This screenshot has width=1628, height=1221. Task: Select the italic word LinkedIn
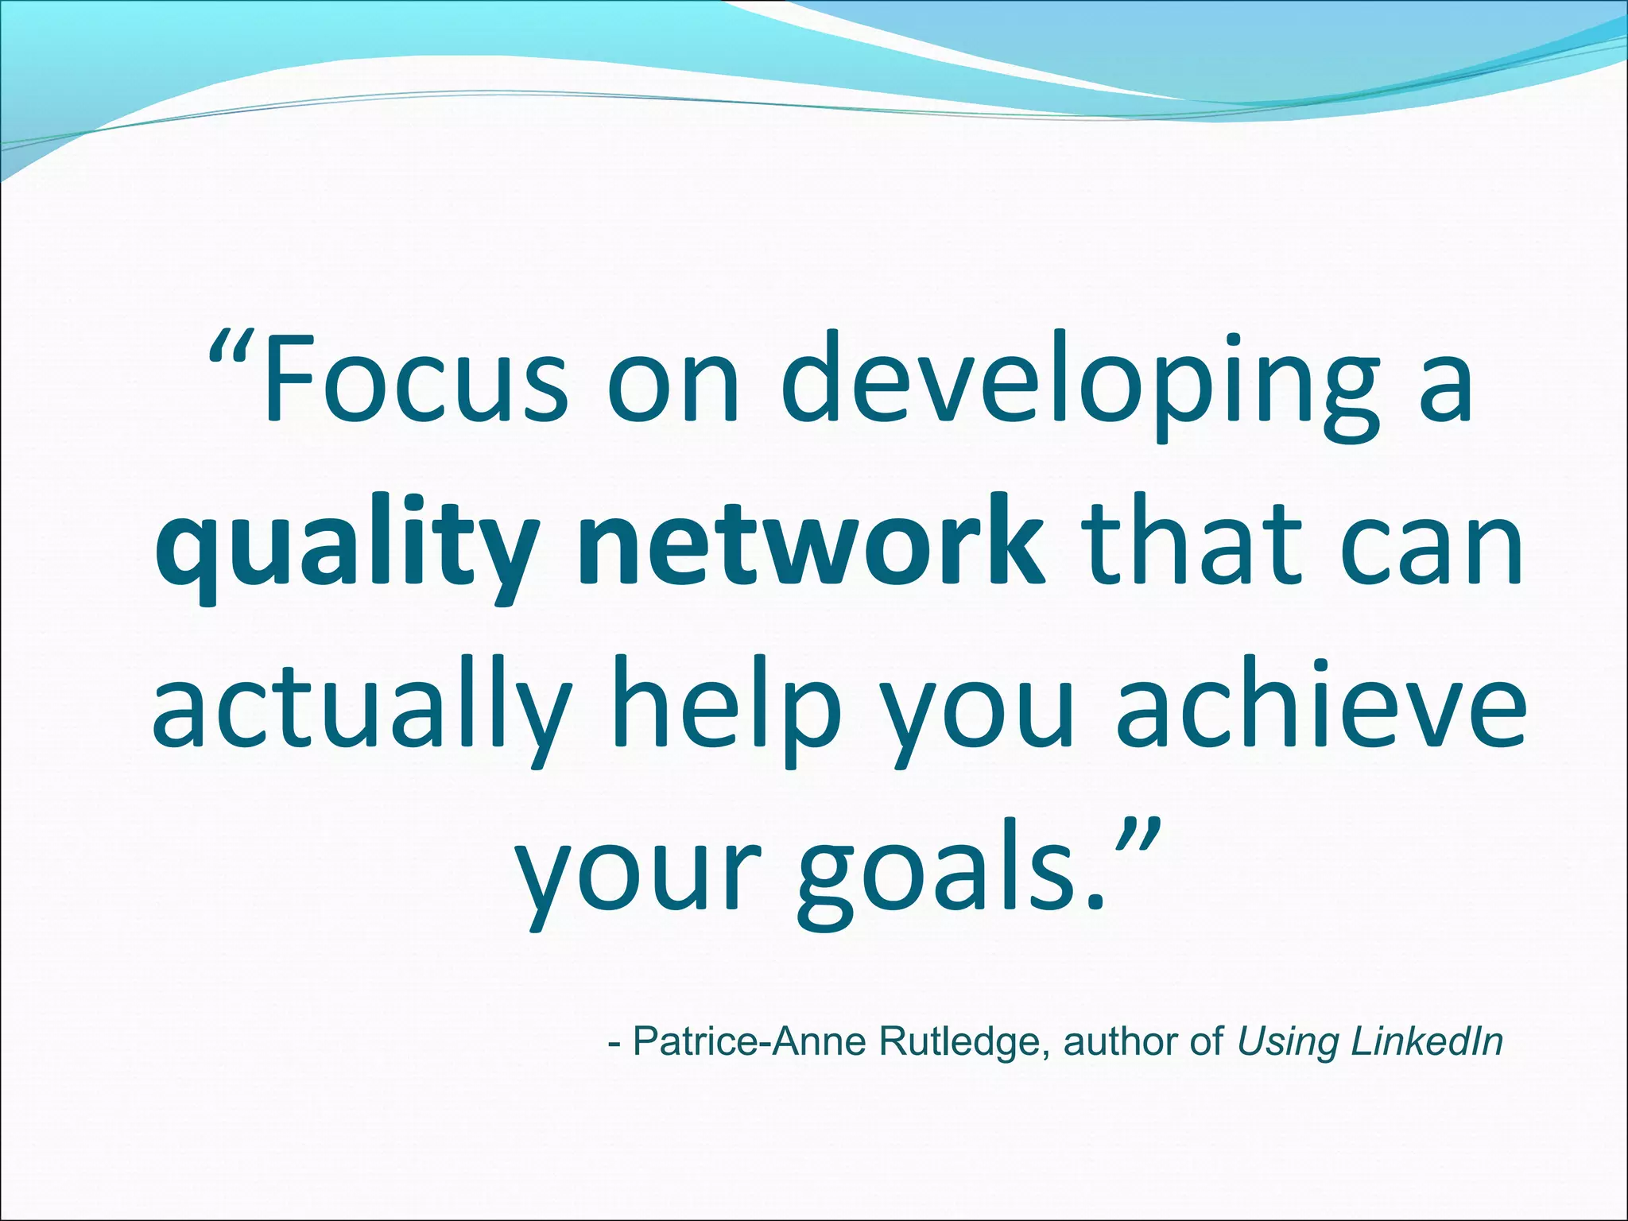click(x=1427, y=1042)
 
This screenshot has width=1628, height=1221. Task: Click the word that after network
click(x=1189, y=545)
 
